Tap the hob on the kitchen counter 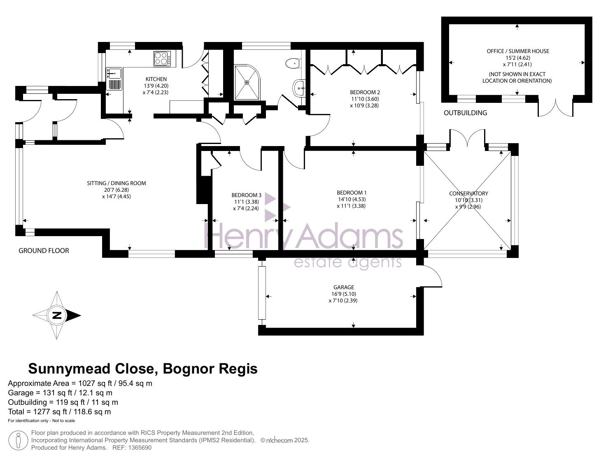tap(162, 58)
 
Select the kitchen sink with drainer tap(114, 79)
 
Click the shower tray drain tap(247, 82)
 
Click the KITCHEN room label tap(156, 79)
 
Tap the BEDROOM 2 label tap(365, 93)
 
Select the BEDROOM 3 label tap(246, 195)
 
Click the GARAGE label tap(343, 287)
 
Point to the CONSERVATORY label tap(468, 193)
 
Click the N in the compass tap(57, 315)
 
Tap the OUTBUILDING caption tap(465, 113)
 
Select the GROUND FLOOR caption tap(44, 251)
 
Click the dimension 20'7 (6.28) tap(116, 190)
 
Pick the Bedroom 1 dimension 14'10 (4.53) tap(352, 199)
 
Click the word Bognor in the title tap(189, 369)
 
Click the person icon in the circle tap(18, 440)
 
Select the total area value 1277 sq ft tap(50, 412)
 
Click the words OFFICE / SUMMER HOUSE tap(518, 51)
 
